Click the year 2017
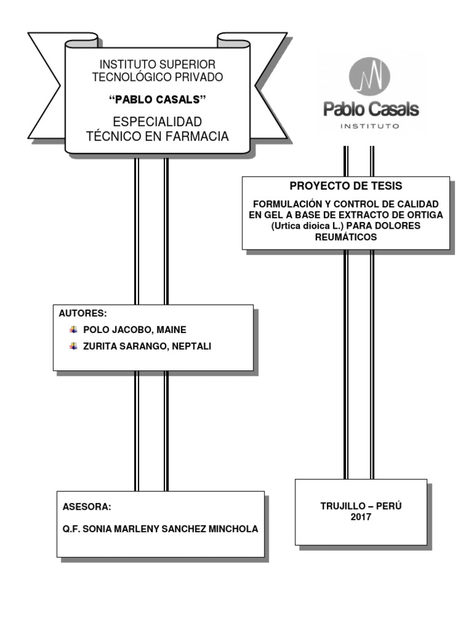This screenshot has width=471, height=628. coord(361,517)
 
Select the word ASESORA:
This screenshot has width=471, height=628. coord(87,507)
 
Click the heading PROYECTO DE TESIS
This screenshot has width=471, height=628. coord(346,186)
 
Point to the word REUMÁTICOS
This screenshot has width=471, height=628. coord(346,237)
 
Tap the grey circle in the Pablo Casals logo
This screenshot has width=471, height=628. coord(369,75)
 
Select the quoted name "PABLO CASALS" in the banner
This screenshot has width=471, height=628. coord(157,99)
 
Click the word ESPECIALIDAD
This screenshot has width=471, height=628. coord(157,121)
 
